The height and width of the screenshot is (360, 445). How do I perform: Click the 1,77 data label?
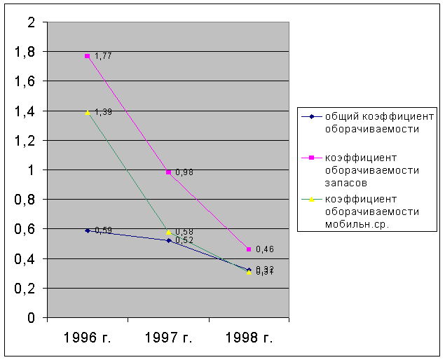point(103,56)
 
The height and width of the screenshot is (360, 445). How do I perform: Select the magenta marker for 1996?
point(88,56)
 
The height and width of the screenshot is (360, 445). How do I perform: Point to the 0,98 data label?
point(184,172)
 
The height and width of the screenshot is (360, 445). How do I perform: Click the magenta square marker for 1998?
point(249,249)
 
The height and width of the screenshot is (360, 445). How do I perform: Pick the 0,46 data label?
point(264,249)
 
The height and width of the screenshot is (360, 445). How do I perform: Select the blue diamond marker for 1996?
point(88,230)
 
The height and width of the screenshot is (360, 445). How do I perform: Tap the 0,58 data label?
point(184,232)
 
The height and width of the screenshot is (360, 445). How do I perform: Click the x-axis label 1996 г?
point(88,338)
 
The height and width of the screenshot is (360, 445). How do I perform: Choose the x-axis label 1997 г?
point(168,338)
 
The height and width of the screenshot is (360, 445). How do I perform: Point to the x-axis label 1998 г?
point(249,338)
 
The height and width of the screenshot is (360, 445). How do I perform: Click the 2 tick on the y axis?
point(31,22)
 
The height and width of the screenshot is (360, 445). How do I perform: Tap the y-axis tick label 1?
point(31,170)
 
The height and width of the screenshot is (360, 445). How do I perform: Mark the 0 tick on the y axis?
point(31,318)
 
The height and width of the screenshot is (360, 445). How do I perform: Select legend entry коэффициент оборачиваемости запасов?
point(371,170)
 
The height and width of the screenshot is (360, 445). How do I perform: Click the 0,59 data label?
point(103,230)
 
